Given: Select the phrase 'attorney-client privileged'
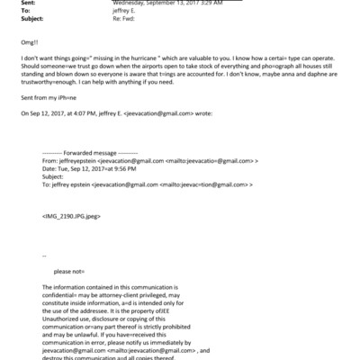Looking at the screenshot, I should [x=122, y=294].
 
